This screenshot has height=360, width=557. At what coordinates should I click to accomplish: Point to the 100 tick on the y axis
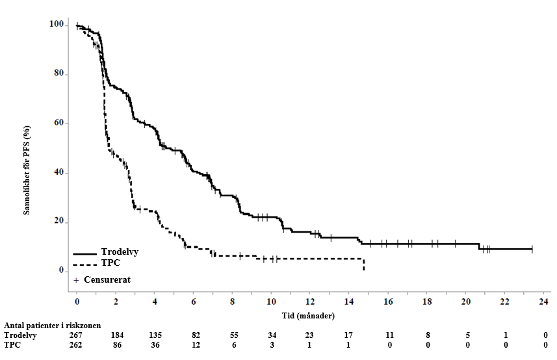[x=57, y=25]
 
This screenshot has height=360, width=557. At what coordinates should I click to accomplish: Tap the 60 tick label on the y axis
[x=58, y=123]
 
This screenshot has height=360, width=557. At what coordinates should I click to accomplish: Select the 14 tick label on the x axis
[x=350, y=303]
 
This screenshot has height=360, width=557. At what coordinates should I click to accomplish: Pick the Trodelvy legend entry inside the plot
[x=120, y=252]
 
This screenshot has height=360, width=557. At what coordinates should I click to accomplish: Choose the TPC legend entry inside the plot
[x=111, y=264]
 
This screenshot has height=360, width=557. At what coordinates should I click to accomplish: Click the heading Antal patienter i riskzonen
[x=53, y=326]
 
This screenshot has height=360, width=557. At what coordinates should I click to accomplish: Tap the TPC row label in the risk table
[x=13, y=345]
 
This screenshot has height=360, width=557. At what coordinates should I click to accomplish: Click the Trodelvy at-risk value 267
[x=77, y=335]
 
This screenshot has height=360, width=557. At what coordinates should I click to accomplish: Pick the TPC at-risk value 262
[x=77, y=345]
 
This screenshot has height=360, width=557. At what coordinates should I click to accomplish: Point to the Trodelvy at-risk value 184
[x=116, y=335]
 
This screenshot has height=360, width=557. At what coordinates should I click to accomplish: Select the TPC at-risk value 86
[x=116, y=345]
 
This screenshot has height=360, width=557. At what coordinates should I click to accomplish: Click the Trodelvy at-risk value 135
[x=155, y=335]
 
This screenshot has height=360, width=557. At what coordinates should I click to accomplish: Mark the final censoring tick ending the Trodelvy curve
[x=532, y=249]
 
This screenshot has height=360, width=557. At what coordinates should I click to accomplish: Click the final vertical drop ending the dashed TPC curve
[x=363, y=264]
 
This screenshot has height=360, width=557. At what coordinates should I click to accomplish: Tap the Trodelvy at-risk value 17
[x=350, y=335]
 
